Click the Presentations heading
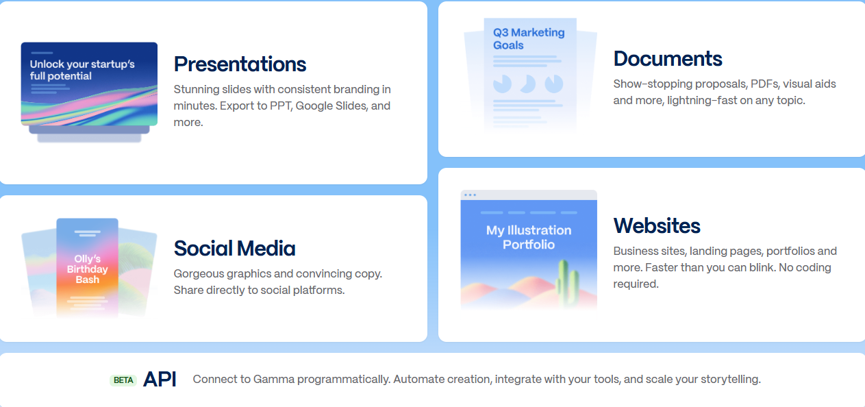tap(240, 64)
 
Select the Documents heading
tap(668, 59)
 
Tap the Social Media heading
tap(234, 248)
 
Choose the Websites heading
tap(657, 225)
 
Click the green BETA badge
tap(123, 380)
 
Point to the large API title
tap(160, 379)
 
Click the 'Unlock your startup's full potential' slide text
tap(82, 70)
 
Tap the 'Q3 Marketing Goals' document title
tap(529, 38)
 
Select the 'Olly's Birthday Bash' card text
tap(87, 269)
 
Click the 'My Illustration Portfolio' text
tap(529, 237)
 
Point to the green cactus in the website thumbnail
tap(568, 282)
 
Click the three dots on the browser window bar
tap(470, 195)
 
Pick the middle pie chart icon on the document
tap(527, 84)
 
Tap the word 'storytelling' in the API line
tap(731, 380)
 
